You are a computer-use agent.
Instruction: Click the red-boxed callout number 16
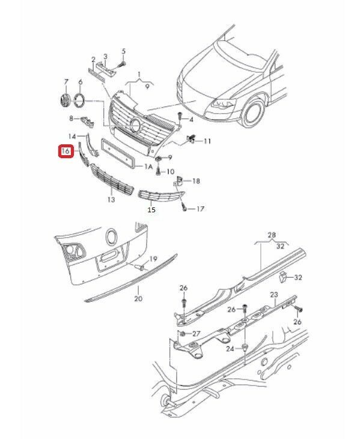click(x=66, y=152)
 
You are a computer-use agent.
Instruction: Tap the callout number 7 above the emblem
click(x=66, y=82)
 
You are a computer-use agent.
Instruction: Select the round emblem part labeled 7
click(x=65, y=100)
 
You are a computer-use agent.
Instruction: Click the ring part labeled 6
click(x=79, y=100)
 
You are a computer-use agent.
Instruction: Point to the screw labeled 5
click(x=121, y=65)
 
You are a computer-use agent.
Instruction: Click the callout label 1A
click(x=148, y=167)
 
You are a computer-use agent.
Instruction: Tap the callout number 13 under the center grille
click(x=111, y=200)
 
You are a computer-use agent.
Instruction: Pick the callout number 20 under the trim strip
click(x=138, y=298)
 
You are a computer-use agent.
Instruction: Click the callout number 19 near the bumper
click(x=153, y=259)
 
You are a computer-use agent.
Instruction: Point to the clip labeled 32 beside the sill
click(x=283, y=277)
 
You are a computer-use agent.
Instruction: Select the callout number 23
click(x=274, y=295)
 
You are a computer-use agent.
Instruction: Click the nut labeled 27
click(x=183, y=334)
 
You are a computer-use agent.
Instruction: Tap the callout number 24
click(x=230, y=349)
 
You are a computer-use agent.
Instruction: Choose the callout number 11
click(x=207, y=141)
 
